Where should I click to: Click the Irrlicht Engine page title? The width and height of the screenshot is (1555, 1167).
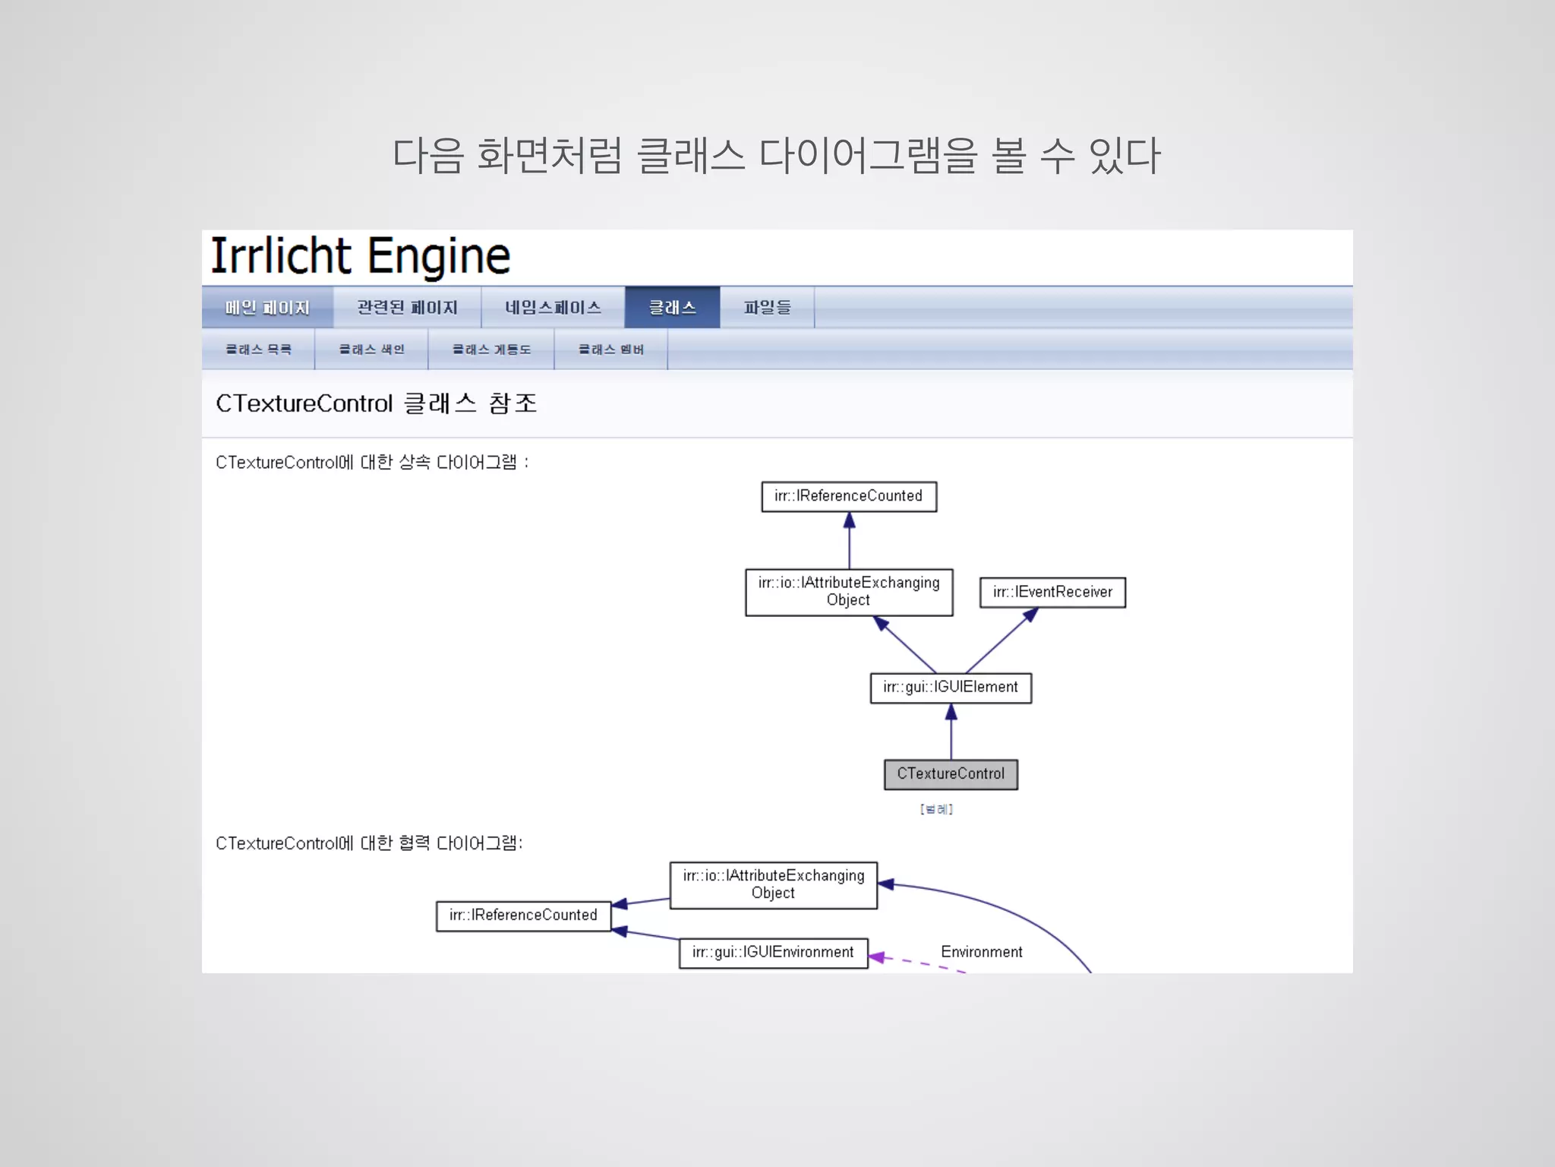360,257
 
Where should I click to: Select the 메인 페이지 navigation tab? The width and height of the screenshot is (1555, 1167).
267,308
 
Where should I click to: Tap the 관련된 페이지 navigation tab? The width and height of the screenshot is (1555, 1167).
407,308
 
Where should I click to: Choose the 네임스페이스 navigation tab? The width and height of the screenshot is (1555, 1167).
553,308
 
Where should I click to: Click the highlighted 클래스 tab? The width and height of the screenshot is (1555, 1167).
672,308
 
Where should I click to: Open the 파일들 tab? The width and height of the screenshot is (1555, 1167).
767,308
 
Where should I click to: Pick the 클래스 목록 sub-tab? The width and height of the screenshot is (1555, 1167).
258,349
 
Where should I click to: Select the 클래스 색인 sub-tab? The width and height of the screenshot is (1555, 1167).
371,349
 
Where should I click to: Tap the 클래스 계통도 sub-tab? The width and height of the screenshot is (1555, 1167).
491,349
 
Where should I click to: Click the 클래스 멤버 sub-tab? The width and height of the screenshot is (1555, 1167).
610,349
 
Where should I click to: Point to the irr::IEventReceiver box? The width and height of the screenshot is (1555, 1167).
1052,593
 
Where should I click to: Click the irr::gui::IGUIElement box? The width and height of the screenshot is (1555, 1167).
951,688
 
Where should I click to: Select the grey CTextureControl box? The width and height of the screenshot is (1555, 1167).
951,774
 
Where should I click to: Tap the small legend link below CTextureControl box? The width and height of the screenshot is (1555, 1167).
936,809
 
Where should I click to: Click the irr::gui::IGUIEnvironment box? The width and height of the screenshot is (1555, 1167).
773,953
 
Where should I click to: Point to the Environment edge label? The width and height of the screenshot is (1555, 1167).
981,952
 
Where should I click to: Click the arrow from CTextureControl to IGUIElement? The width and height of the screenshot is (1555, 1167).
951,732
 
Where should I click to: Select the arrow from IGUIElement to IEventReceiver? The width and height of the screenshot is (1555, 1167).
998,643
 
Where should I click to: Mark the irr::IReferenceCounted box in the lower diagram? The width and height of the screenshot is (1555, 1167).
523,916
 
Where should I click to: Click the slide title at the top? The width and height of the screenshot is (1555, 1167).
776,156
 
